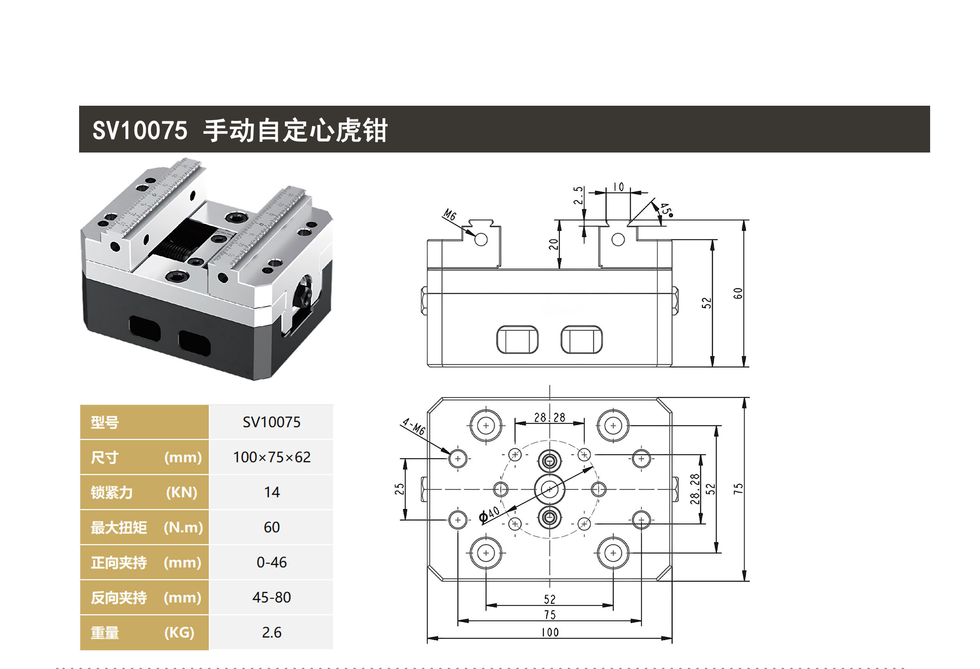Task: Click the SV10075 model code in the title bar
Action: tap(139, 130)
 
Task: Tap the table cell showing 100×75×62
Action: tap(272, 457)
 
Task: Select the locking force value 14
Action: tap(272, 492)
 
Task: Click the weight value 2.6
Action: tap(272, 632)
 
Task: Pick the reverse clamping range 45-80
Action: tap(272, 597)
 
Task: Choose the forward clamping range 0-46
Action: tap(272, 562)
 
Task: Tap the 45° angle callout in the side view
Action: tap(666, 209)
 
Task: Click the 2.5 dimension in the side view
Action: tap(579, 195)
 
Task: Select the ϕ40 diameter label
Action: tap(489, 515)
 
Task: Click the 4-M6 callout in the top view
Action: tap(414, 427)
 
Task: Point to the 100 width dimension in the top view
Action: tap(550, 632)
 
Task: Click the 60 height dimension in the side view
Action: tap(738, 293)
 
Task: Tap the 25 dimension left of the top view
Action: tap(399, 489)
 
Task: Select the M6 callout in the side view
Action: tap(450, 215)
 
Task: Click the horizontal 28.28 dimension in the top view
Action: tap(549, 418)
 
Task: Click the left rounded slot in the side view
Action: tap(517, 339)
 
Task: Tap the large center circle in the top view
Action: tap(549, 489)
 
